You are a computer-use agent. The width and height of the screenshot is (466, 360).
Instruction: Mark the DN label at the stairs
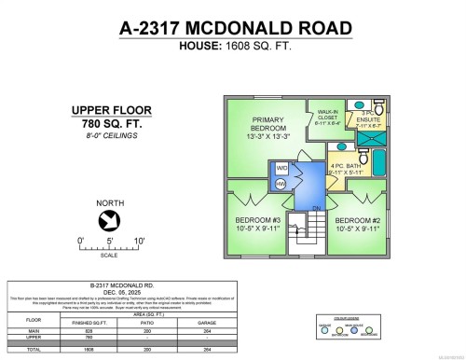click(317, 207)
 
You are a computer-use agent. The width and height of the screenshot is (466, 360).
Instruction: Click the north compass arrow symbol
click(108, 221)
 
